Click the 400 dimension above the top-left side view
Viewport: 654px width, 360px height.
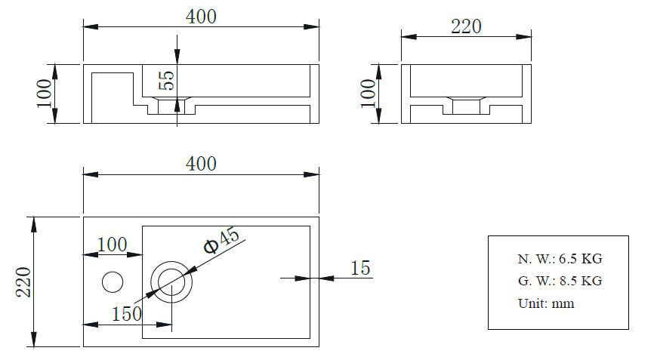(x=201, y=17)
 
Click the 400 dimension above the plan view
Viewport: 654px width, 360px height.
(x=201, y=164)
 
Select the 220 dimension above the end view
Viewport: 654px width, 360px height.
(x=466, y=26)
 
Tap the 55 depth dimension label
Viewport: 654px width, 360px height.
(x=166, y=80)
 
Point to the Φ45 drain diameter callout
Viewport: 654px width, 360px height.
(x=222, y=241)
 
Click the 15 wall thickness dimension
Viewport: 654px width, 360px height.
(x=360, y=268)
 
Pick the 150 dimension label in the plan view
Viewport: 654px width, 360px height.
(x=127, y=314)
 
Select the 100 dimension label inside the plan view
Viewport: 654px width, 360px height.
(x=113, y=245)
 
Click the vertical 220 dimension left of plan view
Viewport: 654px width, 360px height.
(x=23, y=282)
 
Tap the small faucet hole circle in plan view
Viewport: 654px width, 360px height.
(x=113, y=282)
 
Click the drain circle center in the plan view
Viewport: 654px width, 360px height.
(x=171, y=282)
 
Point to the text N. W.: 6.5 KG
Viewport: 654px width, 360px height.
(x=560, y=259)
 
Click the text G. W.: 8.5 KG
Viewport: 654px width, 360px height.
(x=560, y=281)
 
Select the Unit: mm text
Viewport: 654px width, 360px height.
(x=546, y=303)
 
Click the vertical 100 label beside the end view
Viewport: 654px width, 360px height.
(x=368, y=94)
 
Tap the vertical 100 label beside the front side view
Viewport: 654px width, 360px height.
(x=45, y=94)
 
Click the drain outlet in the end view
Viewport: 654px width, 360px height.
(x=466, y=106)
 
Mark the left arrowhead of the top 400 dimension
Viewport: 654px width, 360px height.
(x=91, y=26)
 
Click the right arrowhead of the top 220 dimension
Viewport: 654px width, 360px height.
(x=523, y=37)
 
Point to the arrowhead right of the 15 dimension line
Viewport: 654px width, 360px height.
(x=326, y=278)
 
